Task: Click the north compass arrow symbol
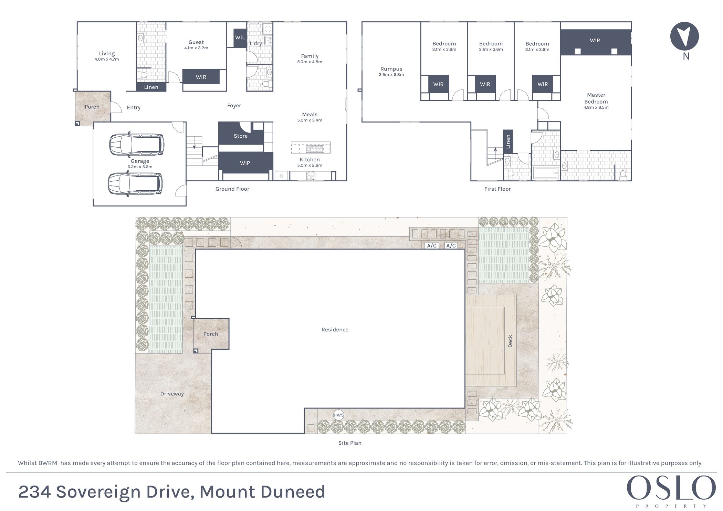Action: tap(684, 36)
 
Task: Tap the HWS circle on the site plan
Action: tap(338, 415)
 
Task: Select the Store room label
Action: tap(241, 136)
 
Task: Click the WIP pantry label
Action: tap(245, 163)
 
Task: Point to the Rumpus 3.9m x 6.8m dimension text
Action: tap(391, 75)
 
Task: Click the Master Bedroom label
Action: tap(596, 98)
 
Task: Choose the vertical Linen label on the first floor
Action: tap(508, 141)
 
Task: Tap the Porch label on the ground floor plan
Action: tap(92, 107)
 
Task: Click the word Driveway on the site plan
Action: tap(172, 394)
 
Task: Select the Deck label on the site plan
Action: tap(510, 341)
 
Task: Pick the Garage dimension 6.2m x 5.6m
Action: tap(140, 167)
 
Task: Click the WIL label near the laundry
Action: tap(240, 38)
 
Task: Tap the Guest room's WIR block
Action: tap(201, 77)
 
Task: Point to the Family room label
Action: tap(310, 56)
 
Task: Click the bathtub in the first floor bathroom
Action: tap(546, 173)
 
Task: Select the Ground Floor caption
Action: tap(232, 189)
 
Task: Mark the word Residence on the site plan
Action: tap(335, 330)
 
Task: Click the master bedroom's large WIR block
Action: tap(595, 41)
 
